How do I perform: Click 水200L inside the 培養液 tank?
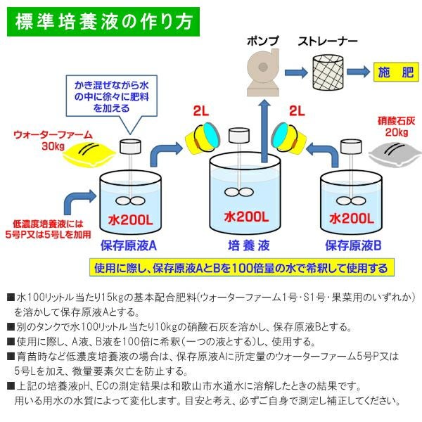pos(244,217)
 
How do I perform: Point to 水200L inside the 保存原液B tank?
pos(354,219)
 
